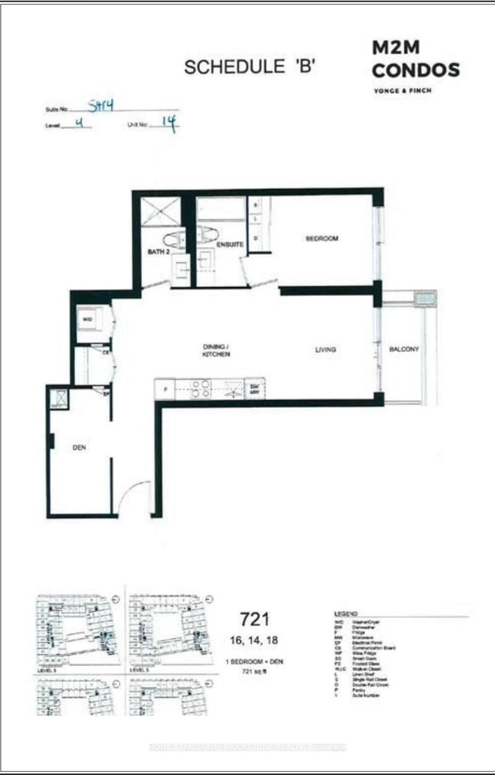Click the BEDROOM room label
click(322, 239)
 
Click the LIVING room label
click(325, 350)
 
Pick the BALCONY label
click(404, 349)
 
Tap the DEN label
click(79, 448)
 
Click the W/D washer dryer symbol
click(87, 319)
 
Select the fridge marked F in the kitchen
click(165, 391)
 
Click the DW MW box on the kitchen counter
click(254, 389)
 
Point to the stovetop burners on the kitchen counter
click(199, 388)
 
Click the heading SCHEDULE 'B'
click(250, 68)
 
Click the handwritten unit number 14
click(168, 124)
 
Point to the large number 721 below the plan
click(254, 618)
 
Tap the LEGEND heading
click(345, 612)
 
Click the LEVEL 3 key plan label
click(47, 670)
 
